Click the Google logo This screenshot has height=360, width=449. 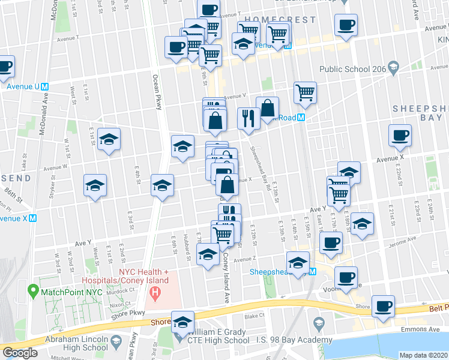click(20, 353)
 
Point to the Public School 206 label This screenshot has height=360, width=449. click(352, 69)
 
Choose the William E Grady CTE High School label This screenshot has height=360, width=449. click(218, 336)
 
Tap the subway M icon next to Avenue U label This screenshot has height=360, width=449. click(44, 86)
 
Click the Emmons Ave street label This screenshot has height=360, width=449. click(409, 329)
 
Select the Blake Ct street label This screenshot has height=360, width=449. click(255, 316)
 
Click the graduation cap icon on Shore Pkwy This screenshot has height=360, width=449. click(183, 322)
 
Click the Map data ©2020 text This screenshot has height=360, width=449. click(423, 355)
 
